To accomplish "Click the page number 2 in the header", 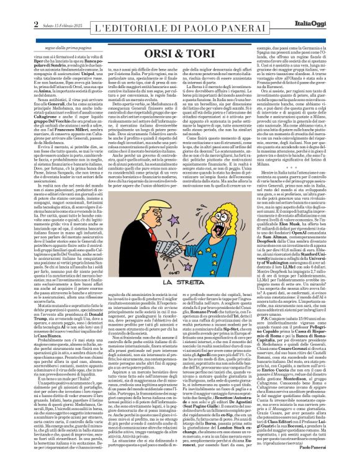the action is (9, 8).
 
